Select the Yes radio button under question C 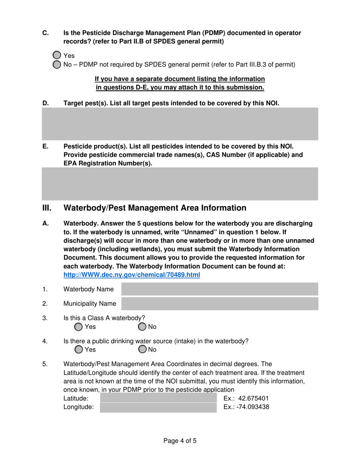tap(56, 55)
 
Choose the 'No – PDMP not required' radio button tap(56, 64)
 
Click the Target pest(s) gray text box tap(180, 124)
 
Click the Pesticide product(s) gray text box tap(180, 185)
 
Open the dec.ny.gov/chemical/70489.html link tap(131, 275)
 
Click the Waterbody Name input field tap(219, 289)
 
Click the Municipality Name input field tap(219, 303)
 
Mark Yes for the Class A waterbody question tap(78, 327)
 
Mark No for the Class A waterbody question tap(142, 327)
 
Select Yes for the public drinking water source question tap(78, 349)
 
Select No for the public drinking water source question tap(142, 349)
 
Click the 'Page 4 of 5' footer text tap(180, 441)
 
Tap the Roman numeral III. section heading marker tap(47, 208)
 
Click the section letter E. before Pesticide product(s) tap(45, 146)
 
